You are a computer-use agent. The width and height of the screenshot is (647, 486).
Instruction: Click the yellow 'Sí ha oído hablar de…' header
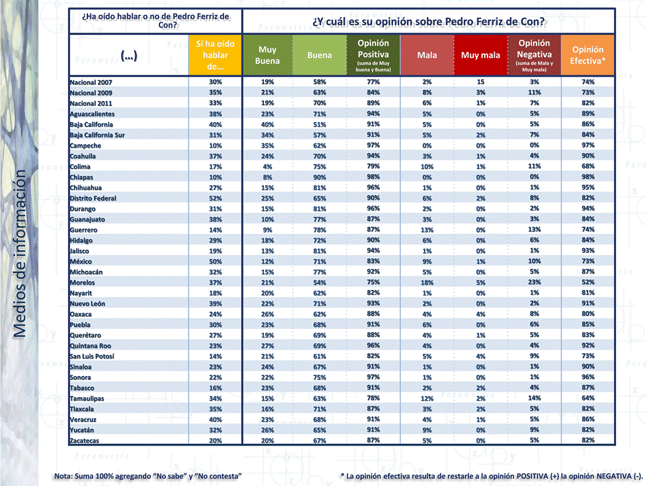(x=215, y=55)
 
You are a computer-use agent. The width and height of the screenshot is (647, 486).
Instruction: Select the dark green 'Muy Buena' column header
(x=267, y=55)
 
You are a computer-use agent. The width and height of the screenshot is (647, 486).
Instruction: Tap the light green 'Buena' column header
(x=319, y=55)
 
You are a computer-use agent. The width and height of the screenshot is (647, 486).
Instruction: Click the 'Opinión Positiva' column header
(x=373, y=55)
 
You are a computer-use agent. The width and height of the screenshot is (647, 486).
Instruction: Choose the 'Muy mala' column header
(x=480, y=55)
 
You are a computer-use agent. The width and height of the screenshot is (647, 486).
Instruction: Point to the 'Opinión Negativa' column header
(x=534, y=55)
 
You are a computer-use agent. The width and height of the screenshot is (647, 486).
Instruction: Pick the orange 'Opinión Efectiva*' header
(x=588, y=55)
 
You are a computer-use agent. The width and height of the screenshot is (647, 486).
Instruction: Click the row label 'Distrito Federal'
(x=93, y=198)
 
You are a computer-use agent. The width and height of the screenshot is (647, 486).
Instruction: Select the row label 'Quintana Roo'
(x=90, y=346)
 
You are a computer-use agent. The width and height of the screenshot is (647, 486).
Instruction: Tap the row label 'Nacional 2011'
(x=91, y=103)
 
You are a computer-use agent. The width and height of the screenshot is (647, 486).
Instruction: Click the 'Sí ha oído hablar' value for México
(x=215, y=262)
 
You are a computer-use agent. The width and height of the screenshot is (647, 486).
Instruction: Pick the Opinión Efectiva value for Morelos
(x=588, y=282)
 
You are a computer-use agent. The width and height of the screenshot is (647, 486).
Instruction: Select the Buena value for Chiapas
(x=319, y=177)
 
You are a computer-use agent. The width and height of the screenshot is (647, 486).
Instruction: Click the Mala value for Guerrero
(x=427, y=230)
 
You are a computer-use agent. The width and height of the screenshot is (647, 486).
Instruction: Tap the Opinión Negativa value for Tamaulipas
(x=534, y=398)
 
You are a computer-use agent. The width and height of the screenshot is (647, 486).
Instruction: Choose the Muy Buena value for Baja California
(x=267, y=125)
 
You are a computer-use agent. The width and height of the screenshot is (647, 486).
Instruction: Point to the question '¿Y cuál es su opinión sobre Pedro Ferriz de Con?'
(x=428, y=21)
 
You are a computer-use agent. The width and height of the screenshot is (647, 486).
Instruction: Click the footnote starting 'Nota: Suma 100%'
(x=148, y=476)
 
